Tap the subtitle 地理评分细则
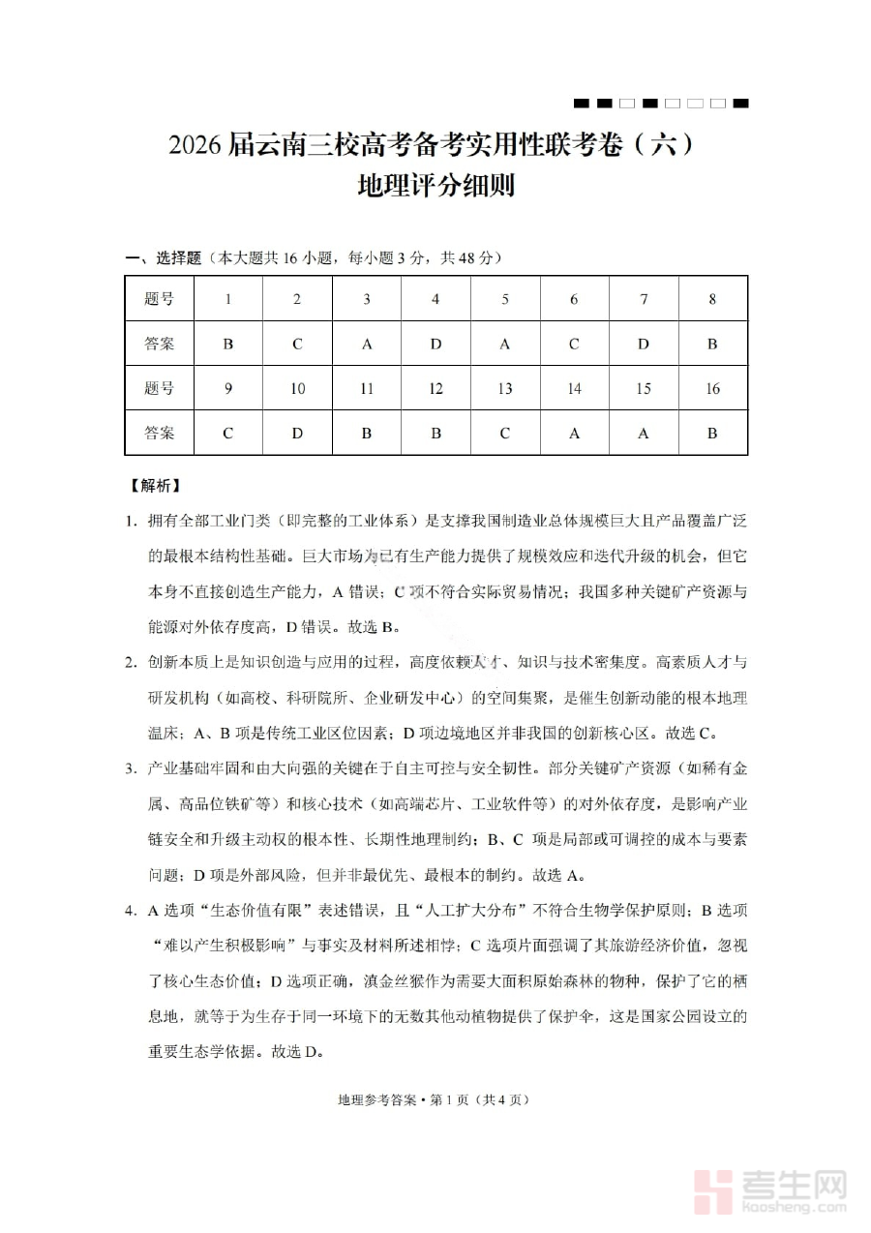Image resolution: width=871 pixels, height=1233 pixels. [x=435, y=184]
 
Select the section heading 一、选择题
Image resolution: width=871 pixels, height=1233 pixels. [x=163, y=257]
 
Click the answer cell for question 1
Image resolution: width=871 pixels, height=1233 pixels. [x=228, y=344]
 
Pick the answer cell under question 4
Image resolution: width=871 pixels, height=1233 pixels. [x=435, y=344]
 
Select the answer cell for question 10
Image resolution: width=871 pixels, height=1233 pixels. [x=297, y=433]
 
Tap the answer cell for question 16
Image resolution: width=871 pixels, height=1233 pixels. [x=712, y=433]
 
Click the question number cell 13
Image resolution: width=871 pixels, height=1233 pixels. [x=505, y=388]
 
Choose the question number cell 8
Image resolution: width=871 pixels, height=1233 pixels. [x=712, y=299]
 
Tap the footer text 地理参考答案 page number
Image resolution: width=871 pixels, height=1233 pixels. [x=435, y=1099]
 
